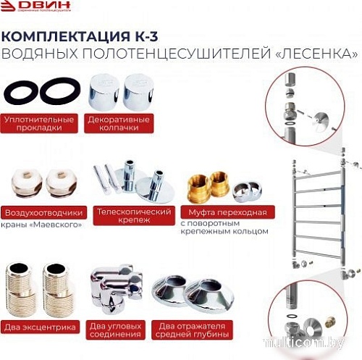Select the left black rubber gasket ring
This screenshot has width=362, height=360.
[x=20, y=92]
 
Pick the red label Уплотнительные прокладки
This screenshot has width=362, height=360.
[x=38, y=124]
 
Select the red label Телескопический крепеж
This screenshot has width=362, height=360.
[x=132, y=217]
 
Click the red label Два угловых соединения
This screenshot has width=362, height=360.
[x=117, y=331]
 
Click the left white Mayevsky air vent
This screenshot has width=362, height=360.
[x=24, y=183]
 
